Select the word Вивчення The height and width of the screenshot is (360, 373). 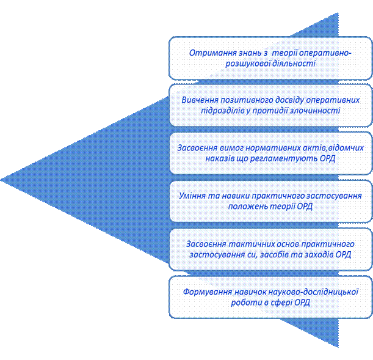(x=201, y=100)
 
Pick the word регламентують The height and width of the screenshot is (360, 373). (x=272, y=158)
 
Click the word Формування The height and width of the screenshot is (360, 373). (x=208, y=292)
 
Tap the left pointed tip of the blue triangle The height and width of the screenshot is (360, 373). (x=2, y=179)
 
